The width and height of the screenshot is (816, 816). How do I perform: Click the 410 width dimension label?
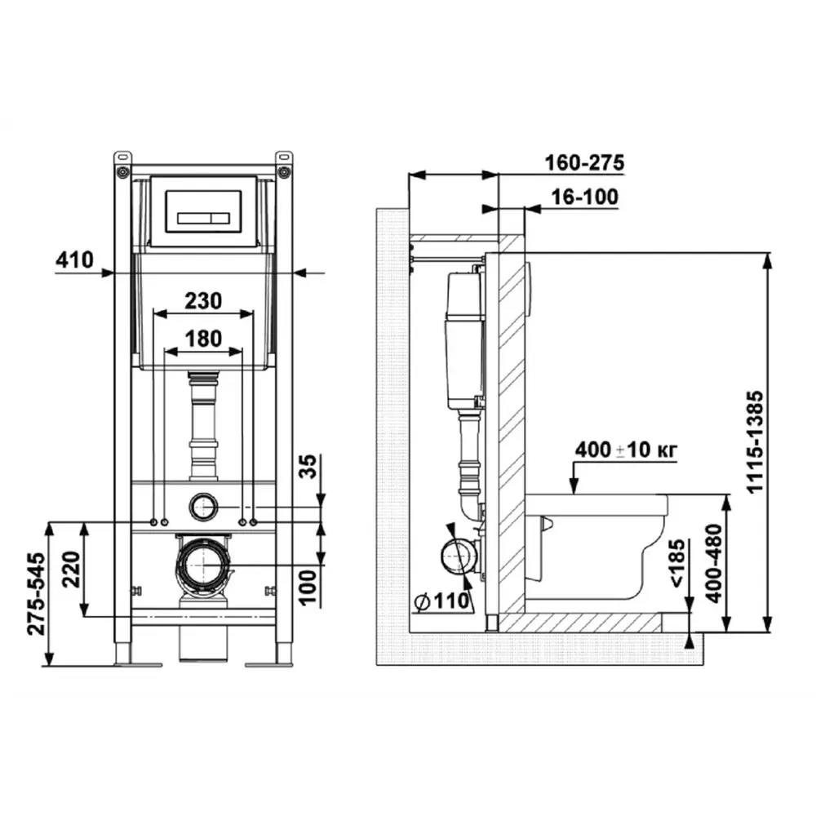(x=74, y=259)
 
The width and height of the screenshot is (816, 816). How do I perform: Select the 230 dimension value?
(x=203, y=301)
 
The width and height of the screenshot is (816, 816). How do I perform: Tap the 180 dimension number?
(x=203, y=339)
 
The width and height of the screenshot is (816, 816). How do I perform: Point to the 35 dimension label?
(x=308, y=466)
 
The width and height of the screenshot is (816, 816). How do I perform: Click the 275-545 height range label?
(x=37, y=594)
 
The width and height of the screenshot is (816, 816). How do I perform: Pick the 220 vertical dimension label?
(x=71, y=570)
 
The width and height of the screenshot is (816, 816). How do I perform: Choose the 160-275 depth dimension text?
(x=584, y=163)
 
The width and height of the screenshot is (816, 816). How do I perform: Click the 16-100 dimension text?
(x=584, y=197)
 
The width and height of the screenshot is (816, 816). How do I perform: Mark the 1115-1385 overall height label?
(x=754, y=442)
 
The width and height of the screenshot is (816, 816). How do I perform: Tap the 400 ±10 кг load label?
(x=626, y=450)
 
